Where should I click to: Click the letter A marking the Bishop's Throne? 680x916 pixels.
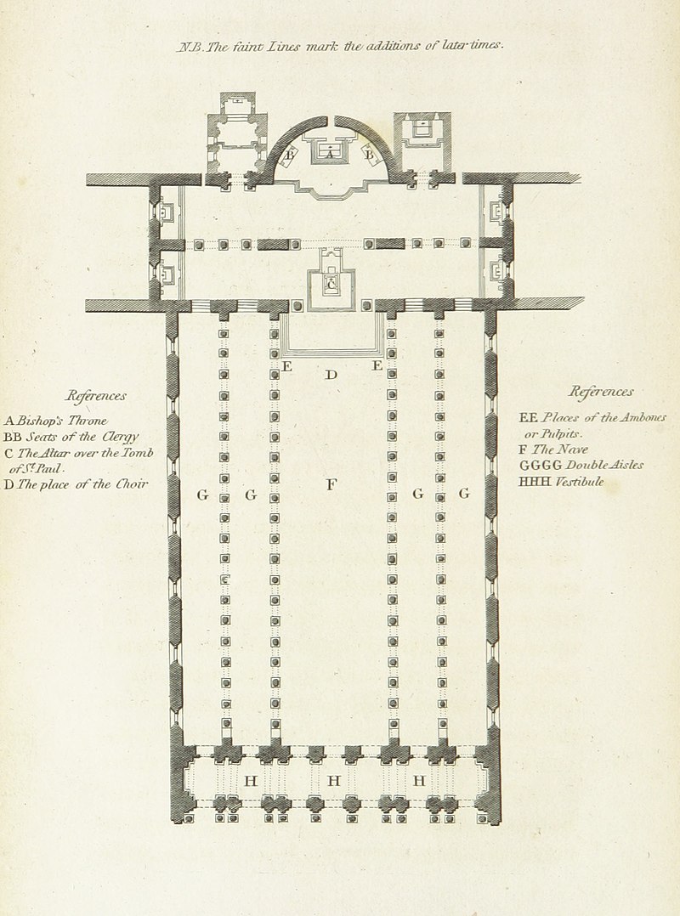click(330, 154)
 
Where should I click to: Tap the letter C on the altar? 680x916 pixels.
click(331, 285)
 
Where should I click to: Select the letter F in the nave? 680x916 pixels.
click(331, 483)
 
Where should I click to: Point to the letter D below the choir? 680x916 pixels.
click(331, 374)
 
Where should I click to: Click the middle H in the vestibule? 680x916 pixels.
click(333, 780)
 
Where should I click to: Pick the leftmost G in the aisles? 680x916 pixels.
click(202, 495)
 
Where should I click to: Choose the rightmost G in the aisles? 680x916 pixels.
click(464, 493)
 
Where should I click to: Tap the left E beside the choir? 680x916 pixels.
click(286, 367)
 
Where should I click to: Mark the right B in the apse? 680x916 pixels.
click(369, 155)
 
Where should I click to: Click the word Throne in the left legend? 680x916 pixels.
click(88, 420)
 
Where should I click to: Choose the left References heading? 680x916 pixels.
click(96, 396)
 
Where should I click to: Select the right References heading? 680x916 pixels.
click(601, 392)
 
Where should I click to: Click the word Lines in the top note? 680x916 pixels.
click(284, 47)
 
